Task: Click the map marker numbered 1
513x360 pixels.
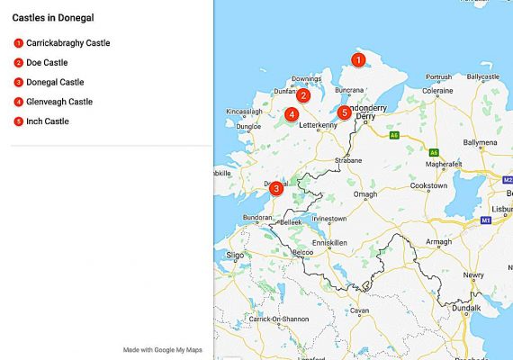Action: click(358, 60)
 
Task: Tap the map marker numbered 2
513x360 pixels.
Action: click(303, 95)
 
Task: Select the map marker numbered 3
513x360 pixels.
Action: click(276, 188)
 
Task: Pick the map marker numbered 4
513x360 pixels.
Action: click(292, 114)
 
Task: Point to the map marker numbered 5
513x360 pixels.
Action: click(344, 112)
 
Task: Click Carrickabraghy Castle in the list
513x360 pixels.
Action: click(68, 42)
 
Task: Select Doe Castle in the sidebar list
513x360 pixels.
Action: click(47, 62)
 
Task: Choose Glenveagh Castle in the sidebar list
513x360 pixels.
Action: click(59, 102)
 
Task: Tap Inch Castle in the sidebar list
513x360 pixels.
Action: click(48, 121)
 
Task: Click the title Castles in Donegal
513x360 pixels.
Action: click(54, 17)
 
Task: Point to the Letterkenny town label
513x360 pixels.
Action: click(317, 125)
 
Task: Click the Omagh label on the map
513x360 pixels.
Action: click(365, 194)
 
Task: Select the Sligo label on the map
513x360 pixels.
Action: click(235, 256)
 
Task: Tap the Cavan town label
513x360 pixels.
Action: click(360, 310)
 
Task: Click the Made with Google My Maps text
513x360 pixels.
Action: click(159, 349)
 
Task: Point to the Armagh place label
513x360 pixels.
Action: click(439, 242)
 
